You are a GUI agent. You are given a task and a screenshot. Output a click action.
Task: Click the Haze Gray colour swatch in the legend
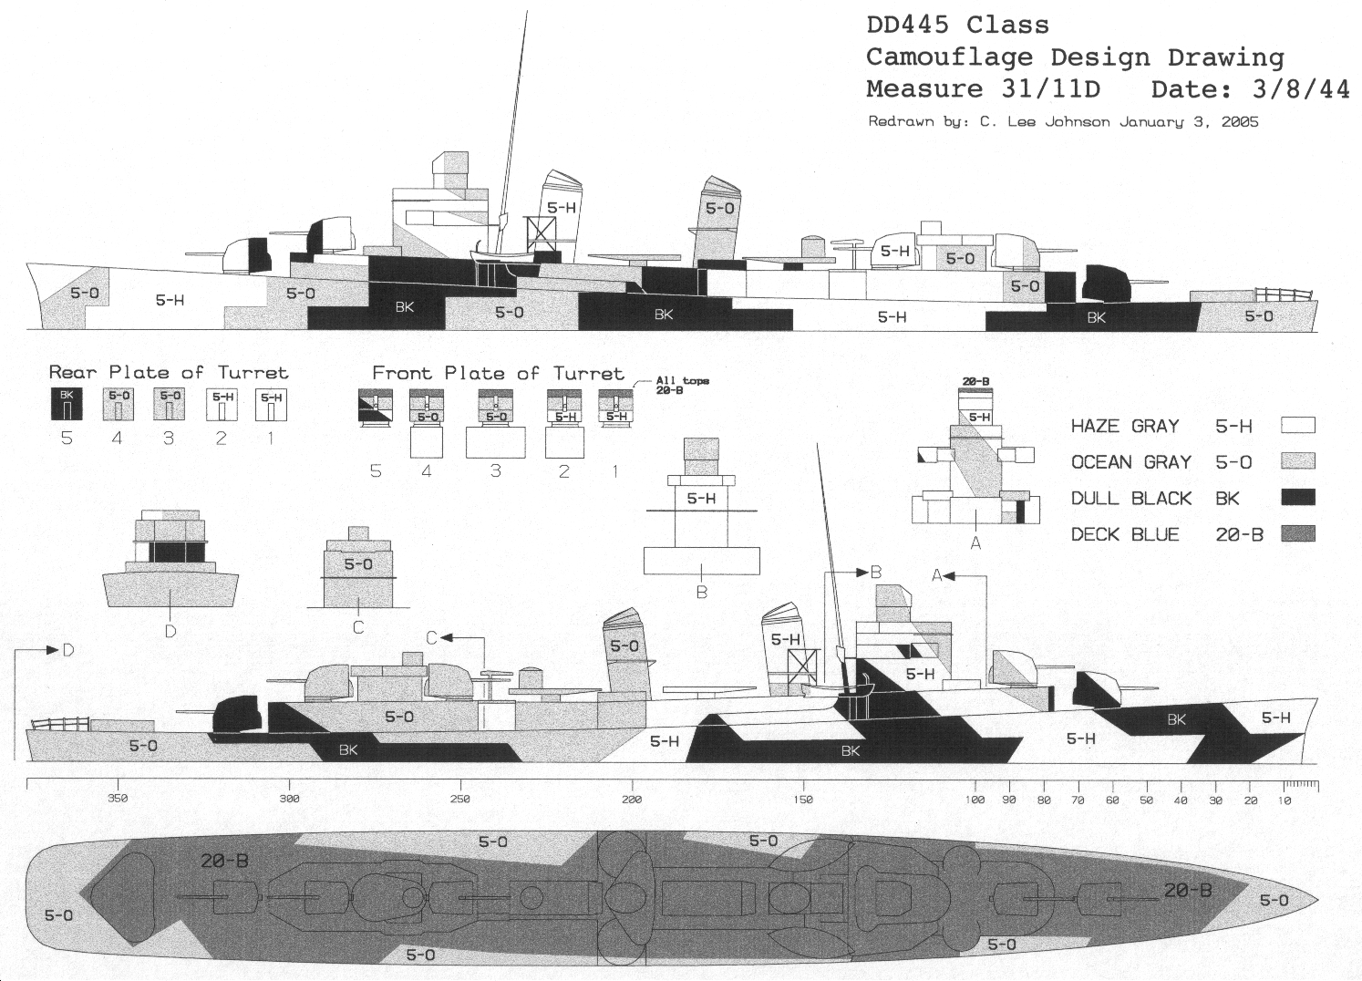click(1297, 426)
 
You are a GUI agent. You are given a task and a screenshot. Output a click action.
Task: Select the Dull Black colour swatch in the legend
click(1297, 498)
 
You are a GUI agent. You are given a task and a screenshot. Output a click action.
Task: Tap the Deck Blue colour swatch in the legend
click(1297, 534)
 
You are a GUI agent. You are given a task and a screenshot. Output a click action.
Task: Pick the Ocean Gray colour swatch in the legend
click(1297, 462)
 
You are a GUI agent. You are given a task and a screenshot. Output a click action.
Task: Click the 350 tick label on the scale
click(118, 800)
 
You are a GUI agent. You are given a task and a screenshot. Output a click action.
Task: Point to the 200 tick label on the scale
click(632, 800)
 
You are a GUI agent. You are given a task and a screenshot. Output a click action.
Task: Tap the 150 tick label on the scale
click(803, 800)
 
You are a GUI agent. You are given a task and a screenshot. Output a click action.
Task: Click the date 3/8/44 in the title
click(1295, 89)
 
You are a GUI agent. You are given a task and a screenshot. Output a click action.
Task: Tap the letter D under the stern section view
click(170, 631)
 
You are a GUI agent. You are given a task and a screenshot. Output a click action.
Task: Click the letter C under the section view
click(358, 627)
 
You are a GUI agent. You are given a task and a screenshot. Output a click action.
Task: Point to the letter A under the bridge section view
click(975, 543)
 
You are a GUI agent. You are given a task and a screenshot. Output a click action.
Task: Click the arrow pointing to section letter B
click(857, 573)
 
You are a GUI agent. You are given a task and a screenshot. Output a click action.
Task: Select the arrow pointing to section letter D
click(47, 649)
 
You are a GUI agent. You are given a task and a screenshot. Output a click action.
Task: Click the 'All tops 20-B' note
click(681, 384)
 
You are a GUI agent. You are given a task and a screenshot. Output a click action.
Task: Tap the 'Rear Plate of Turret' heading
click(168, 372)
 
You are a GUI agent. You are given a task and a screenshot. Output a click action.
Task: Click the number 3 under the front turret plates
click(495, 471)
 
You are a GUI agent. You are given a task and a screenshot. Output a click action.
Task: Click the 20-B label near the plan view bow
click(1187, 890)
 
